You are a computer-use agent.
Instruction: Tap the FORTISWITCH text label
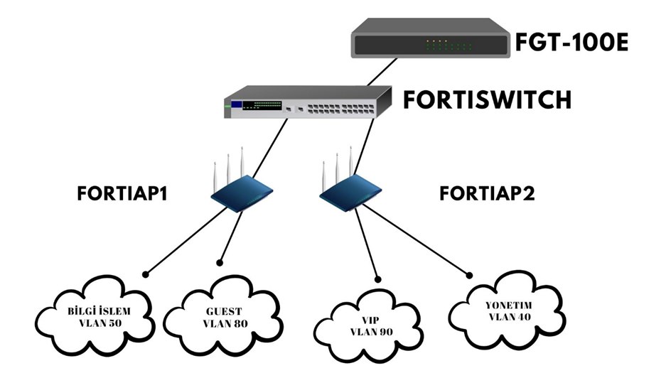pyautogui.click(x=487, y=99)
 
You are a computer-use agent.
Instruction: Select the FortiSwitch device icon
pyautogui.click(x=306, y=103)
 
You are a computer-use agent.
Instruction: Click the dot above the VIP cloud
pyautogui.click(x=379, y=279)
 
